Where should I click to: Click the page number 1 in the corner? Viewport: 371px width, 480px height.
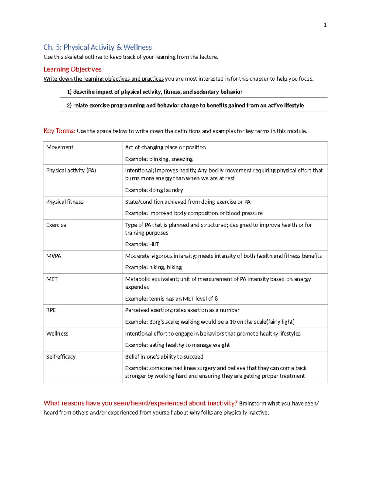(325, 25)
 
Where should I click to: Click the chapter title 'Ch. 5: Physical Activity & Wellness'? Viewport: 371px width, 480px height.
(97, 47)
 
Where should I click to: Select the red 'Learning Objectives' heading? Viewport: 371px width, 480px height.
(72, 69)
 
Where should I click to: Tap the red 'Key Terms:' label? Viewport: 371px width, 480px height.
(59, 131)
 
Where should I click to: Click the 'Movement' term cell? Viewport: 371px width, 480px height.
(60, 147)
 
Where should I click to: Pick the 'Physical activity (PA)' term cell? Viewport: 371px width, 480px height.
(71, 171)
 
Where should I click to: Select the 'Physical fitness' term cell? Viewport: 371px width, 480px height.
(65, 202)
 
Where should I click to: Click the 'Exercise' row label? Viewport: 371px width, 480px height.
(56, 225)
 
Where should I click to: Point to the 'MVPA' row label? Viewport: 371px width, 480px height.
(53, 256)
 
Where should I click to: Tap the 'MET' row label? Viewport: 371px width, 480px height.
(52, 279)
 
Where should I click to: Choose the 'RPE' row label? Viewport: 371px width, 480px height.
(51, 310)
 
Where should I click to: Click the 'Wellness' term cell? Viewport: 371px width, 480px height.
(57, 333)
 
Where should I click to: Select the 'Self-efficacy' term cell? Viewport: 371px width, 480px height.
(61, 357)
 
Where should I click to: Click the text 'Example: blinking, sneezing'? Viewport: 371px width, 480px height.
(159, 159)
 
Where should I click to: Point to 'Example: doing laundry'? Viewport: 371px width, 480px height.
(154, 190)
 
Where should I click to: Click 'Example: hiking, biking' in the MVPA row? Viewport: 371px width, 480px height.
(153, 267)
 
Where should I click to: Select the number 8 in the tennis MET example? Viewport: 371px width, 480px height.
(216, 299)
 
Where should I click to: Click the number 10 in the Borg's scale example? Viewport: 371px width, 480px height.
(232, 322)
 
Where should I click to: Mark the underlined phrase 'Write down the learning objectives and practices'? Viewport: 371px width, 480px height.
(104, 79)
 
